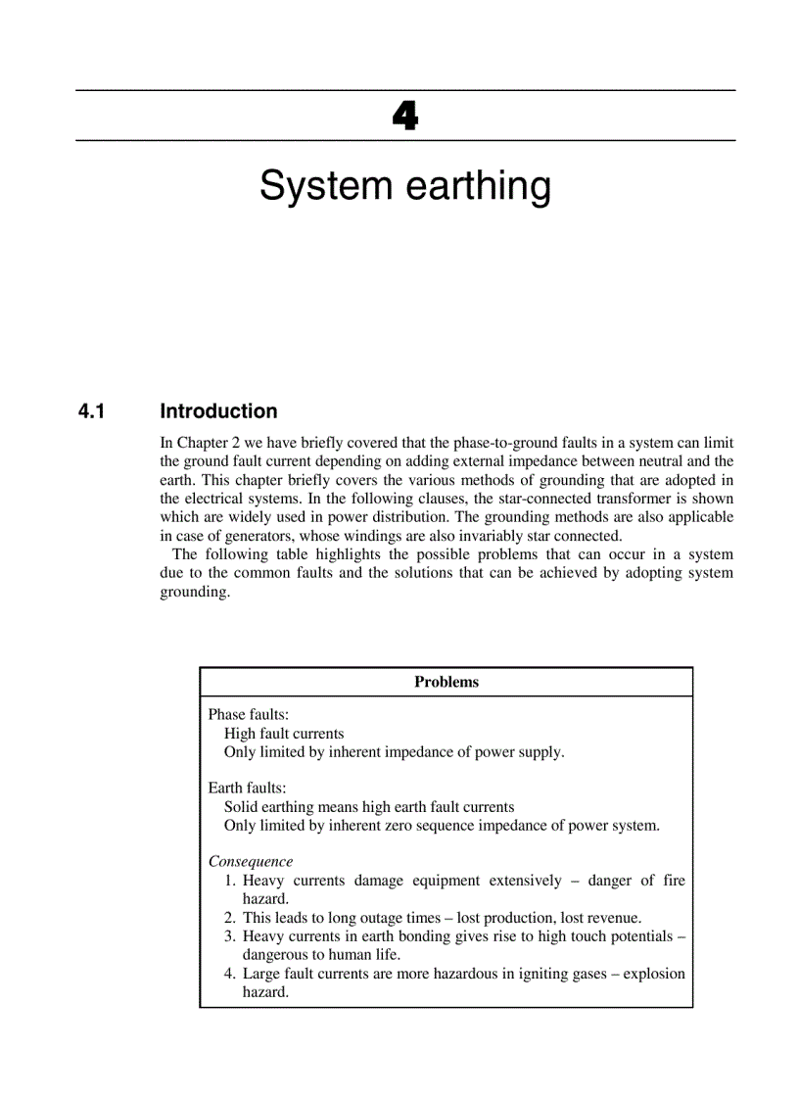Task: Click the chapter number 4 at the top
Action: [x=404, y=117]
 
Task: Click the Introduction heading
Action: [x=218, y=411]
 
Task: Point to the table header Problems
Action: [x=446, y=682]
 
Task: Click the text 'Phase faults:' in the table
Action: [x=249, y=715]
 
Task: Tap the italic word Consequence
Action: [x=251, y=861]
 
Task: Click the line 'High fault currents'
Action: [x=284, y=734]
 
